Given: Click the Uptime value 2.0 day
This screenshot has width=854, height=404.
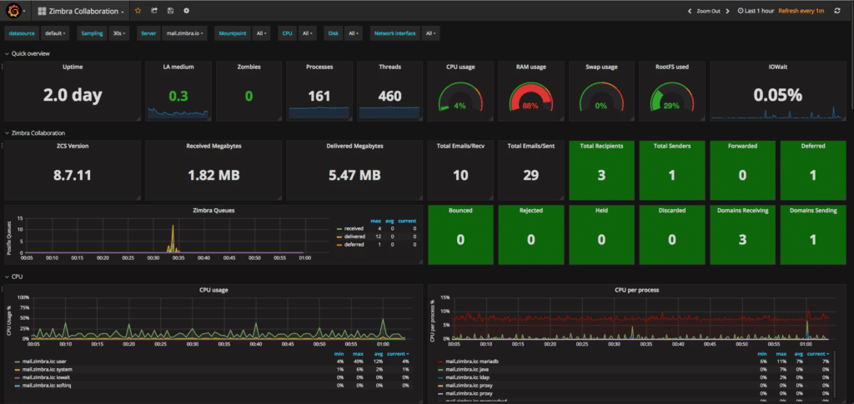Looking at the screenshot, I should click(x=72, y=96).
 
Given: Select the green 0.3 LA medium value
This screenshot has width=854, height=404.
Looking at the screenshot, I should click(x=178, y=96).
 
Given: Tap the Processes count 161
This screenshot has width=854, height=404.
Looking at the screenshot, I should click(x=319, y=96).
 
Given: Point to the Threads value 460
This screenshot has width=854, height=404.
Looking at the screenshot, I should click(x=389, y=96).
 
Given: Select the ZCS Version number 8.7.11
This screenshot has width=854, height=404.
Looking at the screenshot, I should click(x=72, y=175).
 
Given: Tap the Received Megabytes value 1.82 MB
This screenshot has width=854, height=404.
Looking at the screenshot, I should click(x=213, y=175).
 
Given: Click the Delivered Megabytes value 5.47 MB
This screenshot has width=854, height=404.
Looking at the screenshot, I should click(x=354, y=175).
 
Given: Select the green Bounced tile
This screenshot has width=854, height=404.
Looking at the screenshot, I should click(x=460, y=232).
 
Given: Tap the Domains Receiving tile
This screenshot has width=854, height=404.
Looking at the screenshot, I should click(x=741, y=232).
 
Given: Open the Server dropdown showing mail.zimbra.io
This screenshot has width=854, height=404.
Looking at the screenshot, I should click(x=183, y=33).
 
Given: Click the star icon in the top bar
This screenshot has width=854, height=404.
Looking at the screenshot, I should click(x=138, y=11).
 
